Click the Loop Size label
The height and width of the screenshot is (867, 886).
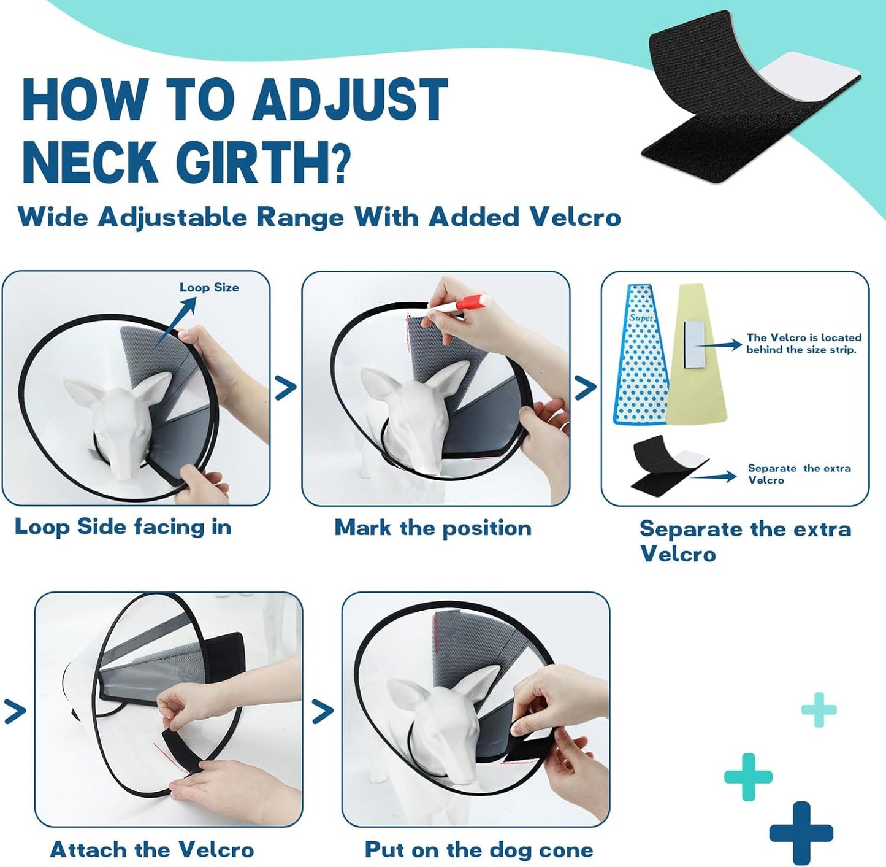(209, 287)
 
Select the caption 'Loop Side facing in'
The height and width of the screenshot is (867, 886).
(123, 527)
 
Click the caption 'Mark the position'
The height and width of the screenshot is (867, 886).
(432, 528)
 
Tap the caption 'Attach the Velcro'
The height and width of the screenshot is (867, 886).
(151, 850)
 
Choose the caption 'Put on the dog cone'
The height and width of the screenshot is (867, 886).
(479, 850)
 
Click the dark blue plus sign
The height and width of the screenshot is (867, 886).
(801, 833)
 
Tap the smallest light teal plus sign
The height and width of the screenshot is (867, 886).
(819, 710)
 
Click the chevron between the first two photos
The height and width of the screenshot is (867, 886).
(286, 387)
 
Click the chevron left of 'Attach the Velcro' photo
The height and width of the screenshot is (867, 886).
(15, 712)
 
